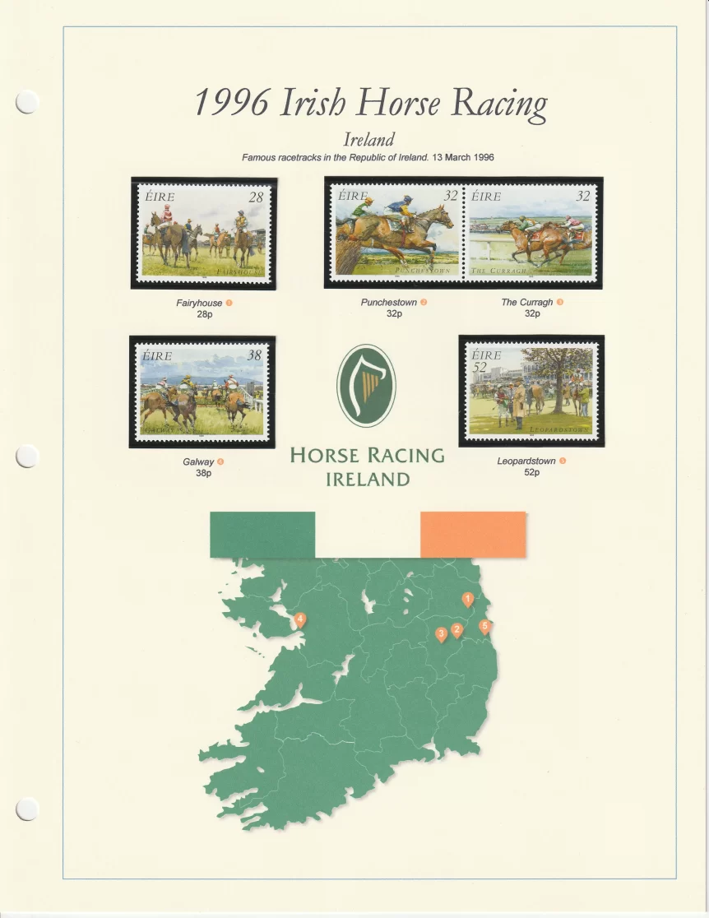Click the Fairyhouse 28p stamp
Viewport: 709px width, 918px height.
coord(204,233)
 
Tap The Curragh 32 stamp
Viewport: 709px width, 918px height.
coord(531,232)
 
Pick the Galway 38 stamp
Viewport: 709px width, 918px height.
coord(202,392)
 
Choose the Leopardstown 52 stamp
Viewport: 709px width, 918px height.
coord(531,391)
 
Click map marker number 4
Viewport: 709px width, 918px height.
coord(300,619)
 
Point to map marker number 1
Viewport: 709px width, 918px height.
coord(468,600)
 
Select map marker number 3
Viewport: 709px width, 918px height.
coord(441,633)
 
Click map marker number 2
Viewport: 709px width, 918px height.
coord(457,630)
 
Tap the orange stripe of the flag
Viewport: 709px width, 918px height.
coord(473,535)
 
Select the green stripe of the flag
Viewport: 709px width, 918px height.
coord(262,535)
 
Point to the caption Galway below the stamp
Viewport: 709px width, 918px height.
coord(198,462)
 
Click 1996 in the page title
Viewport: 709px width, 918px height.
coord(233,103)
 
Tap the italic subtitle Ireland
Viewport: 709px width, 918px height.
coord(368,140)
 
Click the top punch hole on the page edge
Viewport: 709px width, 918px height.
coord(27,101)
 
